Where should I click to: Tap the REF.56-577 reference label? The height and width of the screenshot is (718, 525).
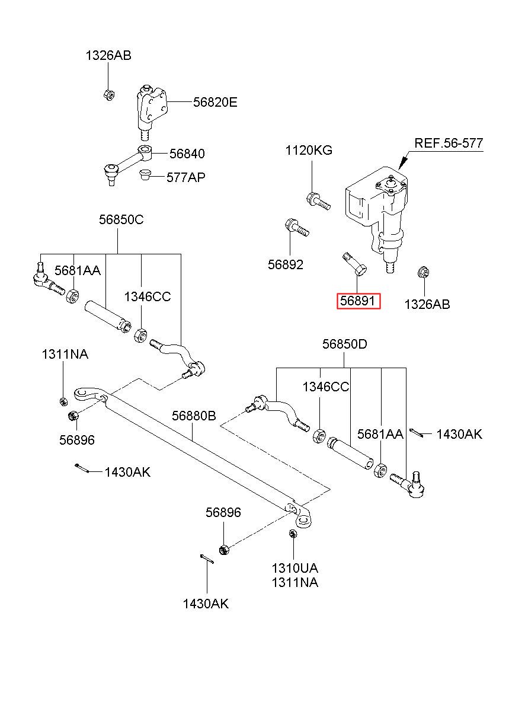449,143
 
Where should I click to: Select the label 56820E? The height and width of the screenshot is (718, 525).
215,103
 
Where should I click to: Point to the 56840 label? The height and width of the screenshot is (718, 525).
187,154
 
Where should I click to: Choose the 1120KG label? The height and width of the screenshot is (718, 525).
309,150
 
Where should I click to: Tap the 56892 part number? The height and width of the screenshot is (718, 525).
285,264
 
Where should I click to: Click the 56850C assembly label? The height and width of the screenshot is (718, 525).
121,219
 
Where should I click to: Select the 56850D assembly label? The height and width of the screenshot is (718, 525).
345,344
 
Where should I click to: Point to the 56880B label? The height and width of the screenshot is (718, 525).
194,416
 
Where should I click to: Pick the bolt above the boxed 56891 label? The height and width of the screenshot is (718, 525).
354,264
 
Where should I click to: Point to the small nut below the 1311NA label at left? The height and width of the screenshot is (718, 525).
63,402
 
